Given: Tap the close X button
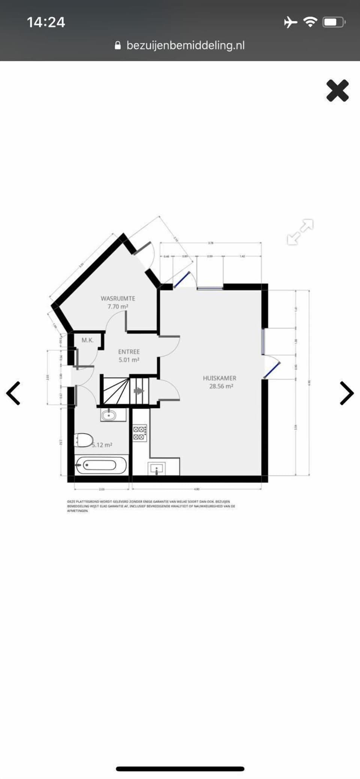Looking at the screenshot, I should pyautogui.click(x=337, y=91).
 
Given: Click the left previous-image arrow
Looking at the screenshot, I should pyautogui.click(x=13, y=393).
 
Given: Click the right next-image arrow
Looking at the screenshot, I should pyautogui.click(x=346, y=393).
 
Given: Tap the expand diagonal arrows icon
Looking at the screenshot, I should pyautogui.click(x=300, y=232).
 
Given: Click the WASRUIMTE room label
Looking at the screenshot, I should pyautogui.click(x=118, y=298).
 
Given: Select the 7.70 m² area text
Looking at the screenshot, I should pyautogui.click(x=118, y=307).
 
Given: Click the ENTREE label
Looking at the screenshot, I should pyautogui.click(x=129, y=352).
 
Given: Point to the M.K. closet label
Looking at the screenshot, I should pyautogui.click(x=87, y=340).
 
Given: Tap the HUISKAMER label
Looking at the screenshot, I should pyautogui.click(x=219, y=378).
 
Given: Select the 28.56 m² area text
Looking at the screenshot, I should pyautogui.click(x=221, y=386).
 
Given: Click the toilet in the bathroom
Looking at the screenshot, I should pyautogui.click(x=84, y=440).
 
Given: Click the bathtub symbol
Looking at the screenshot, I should pyautogui.click(x=100, y=465).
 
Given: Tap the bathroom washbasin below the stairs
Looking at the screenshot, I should pyautogui.click(x=109, y=415).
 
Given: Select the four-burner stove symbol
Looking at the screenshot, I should pyautogui.click(x=140, y=433).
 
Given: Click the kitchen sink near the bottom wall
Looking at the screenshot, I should pyautogui.click(x=157, y=468).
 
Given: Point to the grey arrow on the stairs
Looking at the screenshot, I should pyautogui.click(x=139, y=391).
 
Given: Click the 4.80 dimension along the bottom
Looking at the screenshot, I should pyautogui.click(x=196, y=489).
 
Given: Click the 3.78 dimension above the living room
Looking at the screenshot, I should pyautogui.click(x=210, y=243).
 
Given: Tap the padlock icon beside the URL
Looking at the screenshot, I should pyautogui.click(x=118, y=46).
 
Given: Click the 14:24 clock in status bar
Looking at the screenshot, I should pyautogui.click(x=46, y=22).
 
